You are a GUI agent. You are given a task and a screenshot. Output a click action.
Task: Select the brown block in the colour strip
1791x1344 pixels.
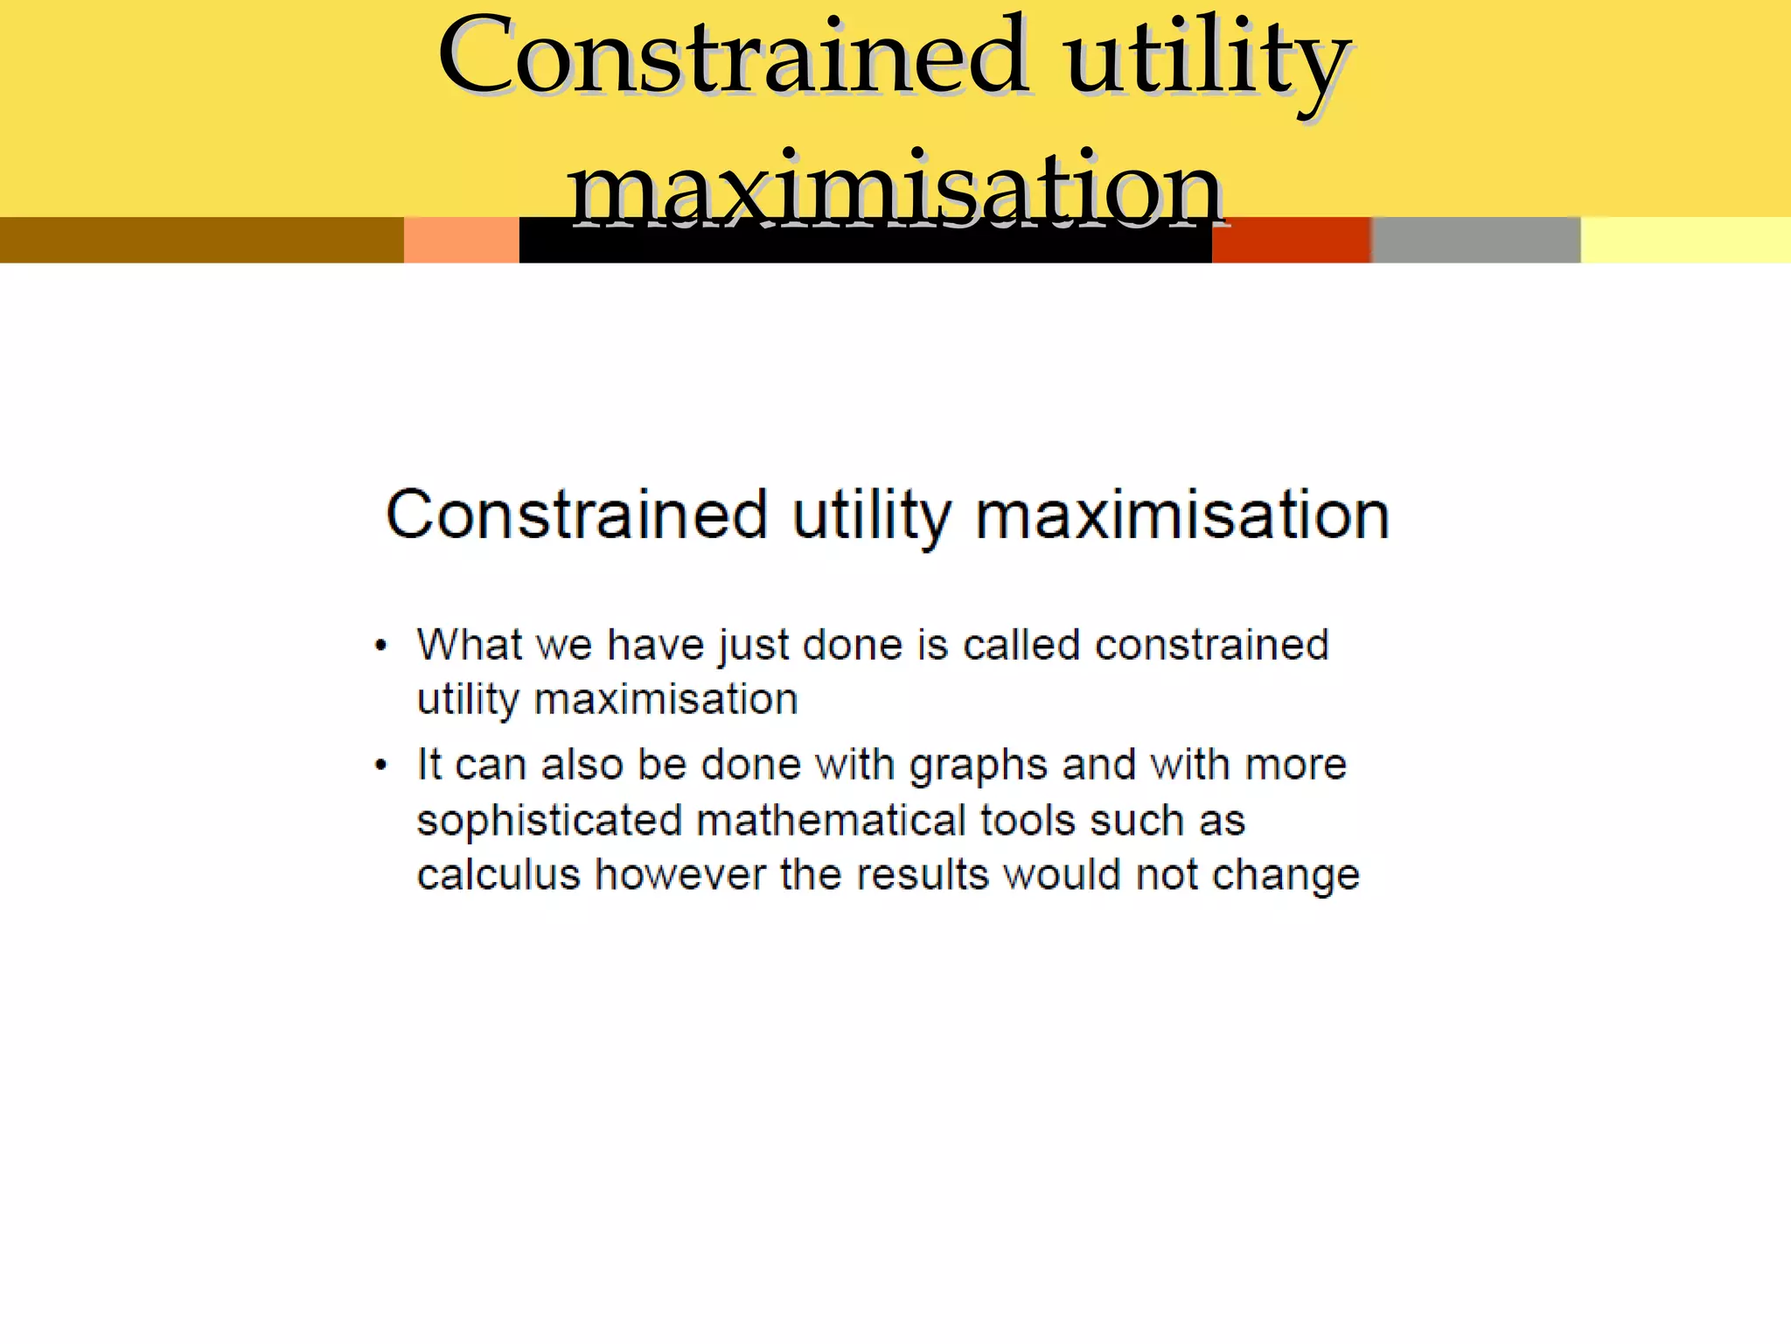click(201, 240)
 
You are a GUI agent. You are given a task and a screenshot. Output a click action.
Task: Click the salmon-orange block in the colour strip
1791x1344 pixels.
click(461, 240)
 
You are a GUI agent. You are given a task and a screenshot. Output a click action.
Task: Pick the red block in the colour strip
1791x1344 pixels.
click(1291, 240)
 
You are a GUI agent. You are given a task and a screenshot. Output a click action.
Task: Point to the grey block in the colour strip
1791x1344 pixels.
click(1476, 240)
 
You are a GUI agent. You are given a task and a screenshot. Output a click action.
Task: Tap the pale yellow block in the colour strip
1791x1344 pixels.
click(1685, 240)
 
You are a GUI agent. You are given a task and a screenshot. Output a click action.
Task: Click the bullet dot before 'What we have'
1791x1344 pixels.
click(380, 647)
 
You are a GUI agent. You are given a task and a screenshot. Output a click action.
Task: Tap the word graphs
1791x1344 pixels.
click(979, 766)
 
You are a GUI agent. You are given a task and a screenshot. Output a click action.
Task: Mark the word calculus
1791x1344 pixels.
click(498, 875)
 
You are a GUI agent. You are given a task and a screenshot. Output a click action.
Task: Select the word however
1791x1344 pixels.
click(680, 875)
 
